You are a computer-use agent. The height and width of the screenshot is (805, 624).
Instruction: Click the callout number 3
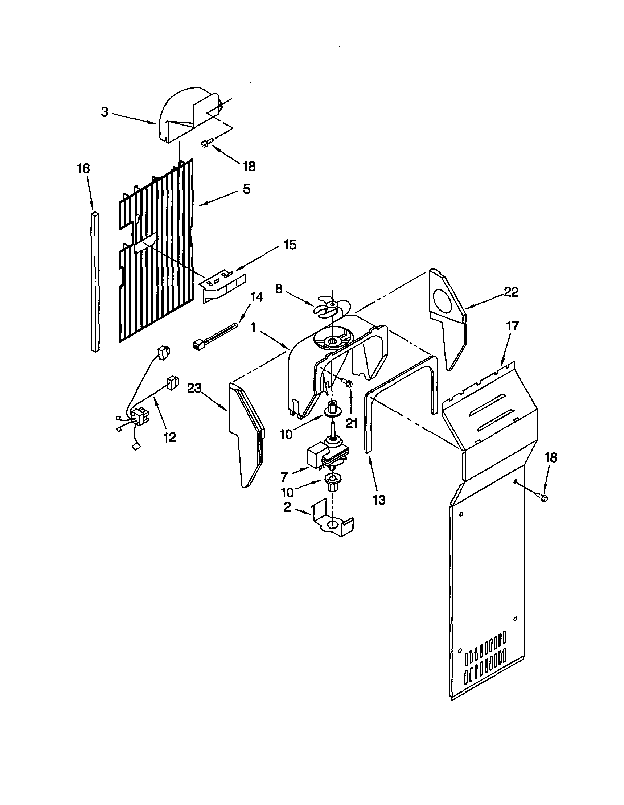coord(105,112)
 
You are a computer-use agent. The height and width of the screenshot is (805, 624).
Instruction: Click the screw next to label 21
coord(348,384)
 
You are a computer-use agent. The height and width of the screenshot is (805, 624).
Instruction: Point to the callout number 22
coord(511,292)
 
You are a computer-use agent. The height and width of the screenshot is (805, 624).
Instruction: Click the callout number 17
coord(512,326)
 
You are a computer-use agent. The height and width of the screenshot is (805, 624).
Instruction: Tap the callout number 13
coord(379,500)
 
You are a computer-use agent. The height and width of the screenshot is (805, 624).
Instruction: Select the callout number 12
coord(170,437)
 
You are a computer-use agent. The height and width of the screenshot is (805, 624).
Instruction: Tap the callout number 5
coord(247,189)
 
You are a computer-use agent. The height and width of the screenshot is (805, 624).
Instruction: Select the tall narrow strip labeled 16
coord(95,282)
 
